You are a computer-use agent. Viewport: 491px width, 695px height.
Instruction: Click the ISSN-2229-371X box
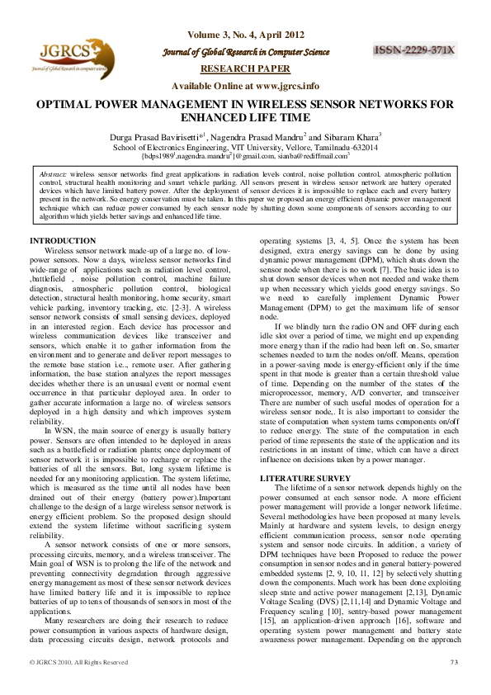point(415,50)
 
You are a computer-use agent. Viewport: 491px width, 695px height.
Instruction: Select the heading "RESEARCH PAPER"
point(245,69)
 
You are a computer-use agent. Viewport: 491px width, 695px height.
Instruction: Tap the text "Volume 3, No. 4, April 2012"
point(245,35)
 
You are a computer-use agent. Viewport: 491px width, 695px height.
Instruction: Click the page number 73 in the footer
point(453,683)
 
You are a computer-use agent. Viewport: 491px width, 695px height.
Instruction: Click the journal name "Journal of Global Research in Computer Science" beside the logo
point(245,52)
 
